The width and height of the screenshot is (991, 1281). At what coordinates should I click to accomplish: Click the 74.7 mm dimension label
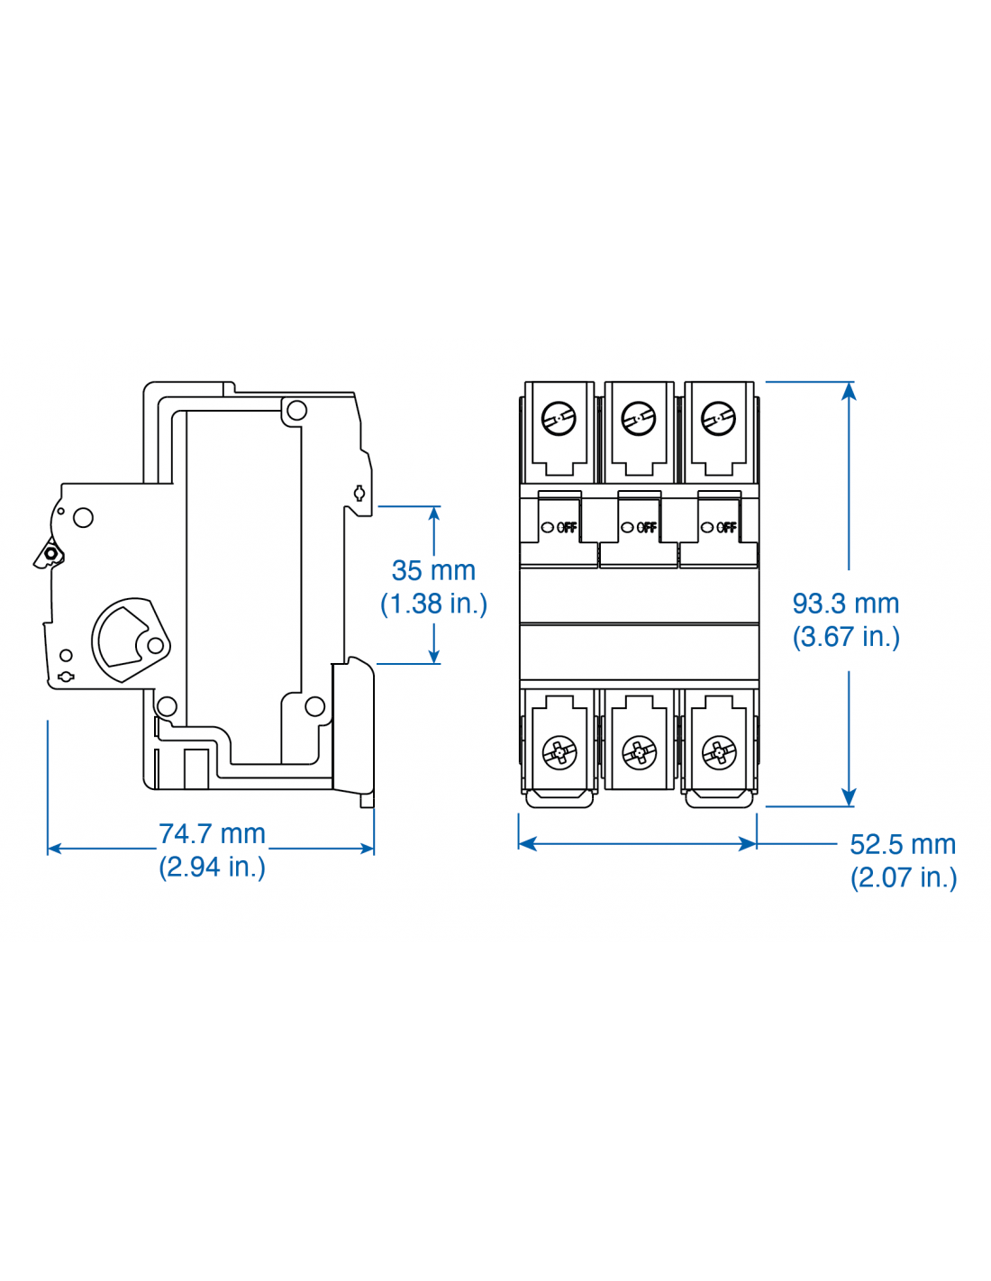tap(212, 834)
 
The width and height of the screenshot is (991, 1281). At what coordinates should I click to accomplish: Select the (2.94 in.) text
tap(212, 867)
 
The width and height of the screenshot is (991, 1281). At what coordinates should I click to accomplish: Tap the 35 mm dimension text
tap(433, 570)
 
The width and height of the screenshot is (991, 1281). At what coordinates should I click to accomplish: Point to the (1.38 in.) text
tap(433, 604)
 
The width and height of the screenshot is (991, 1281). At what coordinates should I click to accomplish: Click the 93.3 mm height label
tap(845, 604)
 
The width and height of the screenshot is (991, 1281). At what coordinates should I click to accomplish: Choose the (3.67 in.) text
tap(845, 637)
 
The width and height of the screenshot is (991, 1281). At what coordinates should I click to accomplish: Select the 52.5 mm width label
tap(902, 845)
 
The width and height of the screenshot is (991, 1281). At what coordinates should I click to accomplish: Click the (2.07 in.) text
tap(903, 877)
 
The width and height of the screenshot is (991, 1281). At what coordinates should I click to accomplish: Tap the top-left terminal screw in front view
tap(559, 419)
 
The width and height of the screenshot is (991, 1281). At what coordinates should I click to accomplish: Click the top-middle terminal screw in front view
tap(639, 419)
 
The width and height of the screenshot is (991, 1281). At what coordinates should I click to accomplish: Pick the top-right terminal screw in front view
tap(718, 419)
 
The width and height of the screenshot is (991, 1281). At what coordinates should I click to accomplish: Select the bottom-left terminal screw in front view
tap(559, 751)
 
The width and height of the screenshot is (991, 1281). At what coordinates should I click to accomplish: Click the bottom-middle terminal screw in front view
tap(639, 751)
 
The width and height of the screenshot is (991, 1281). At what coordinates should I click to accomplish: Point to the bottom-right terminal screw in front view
tap(719, 751)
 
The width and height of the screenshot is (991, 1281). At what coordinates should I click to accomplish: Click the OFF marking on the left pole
tap(566, 527)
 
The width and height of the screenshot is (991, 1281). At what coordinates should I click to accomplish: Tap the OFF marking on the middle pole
tap(646, 527)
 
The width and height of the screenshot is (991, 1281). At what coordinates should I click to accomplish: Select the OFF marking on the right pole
tap(725, 527)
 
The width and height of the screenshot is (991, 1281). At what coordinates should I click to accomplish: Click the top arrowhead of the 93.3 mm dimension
tap(849, 390)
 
